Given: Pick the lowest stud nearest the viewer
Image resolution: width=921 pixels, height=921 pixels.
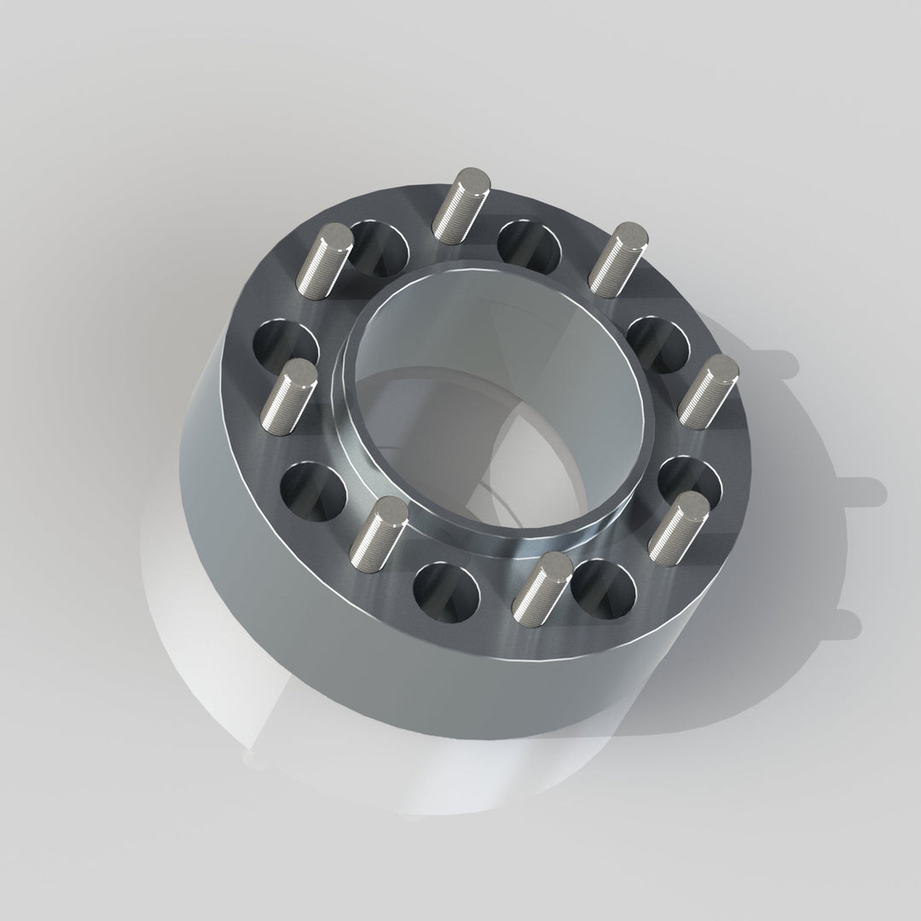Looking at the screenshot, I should pyautogui.click(x=541, y=585).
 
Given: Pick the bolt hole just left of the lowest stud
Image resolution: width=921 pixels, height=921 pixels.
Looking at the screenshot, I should pyautogui.click(x=446, y=589).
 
